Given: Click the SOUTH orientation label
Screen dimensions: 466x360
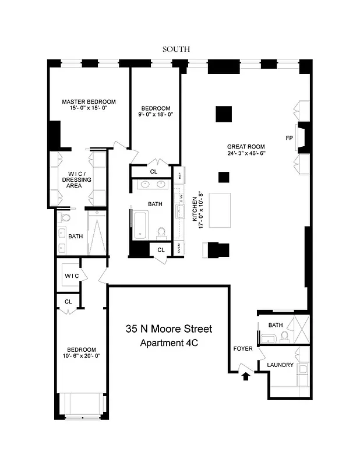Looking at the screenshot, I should [x=176, y=50].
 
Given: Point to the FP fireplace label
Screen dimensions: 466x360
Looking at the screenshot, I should [x=289, y=138].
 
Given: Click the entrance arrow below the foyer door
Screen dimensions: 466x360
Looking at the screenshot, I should [x=245, y=376].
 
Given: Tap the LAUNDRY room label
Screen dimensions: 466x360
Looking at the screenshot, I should [x=280, y=365].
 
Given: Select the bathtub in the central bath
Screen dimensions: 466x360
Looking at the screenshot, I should [x=141, y=225].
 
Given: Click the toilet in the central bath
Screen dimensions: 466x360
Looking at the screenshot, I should [x=161, y=232].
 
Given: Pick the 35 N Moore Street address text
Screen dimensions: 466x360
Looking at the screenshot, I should [x=169, y=329].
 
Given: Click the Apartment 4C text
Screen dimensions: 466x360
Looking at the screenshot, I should [x=169, y=343].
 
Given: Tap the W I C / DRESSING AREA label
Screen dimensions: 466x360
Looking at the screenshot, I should [x=77, y=180].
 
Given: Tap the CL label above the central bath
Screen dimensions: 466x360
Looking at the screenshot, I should [x=154, y=172].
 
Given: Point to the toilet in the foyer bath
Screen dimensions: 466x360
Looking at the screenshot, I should [x=284, y=336].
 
